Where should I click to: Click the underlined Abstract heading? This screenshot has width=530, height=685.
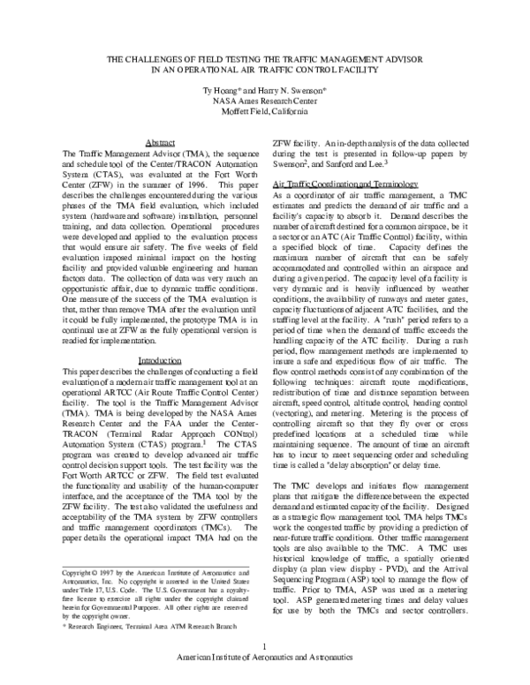pos(160,143)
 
